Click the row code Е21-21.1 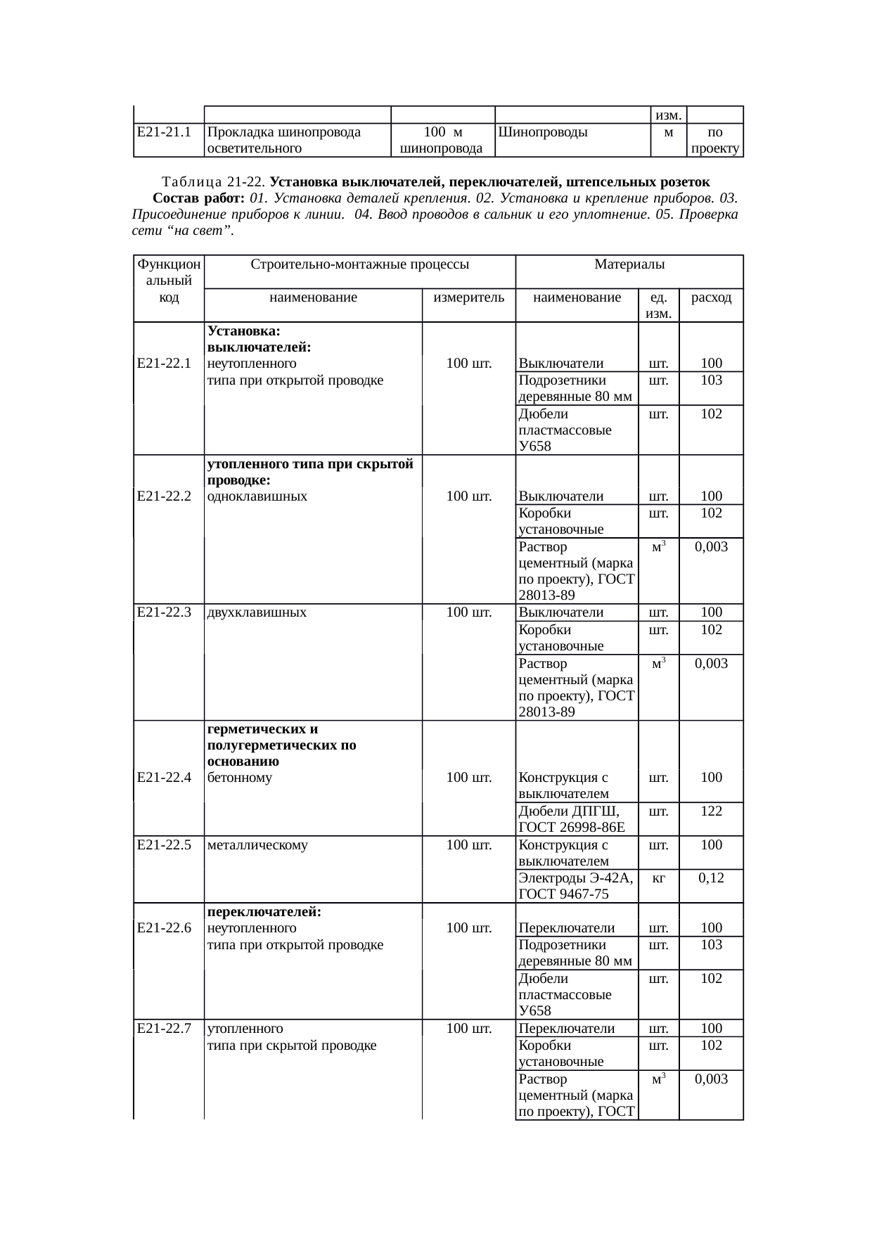tap(165, 132)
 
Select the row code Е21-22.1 tap(165, 364)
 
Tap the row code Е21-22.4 tap(165, 777)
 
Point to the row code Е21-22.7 tap(165, 1029)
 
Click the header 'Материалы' tap(629, 265)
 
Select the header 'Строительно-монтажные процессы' tap(359, 265)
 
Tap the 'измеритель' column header tap(469, 297)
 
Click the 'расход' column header tap(712, 297)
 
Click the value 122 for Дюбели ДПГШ tap(712, 811)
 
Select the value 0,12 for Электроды tap(712, 878)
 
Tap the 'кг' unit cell tap(659, 878)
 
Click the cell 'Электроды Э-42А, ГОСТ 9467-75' tap(576, 886)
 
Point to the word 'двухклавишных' tap(257, 612)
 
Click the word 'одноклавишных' tap(257, 496)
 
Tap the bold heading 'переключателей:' tap(264, 912)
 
